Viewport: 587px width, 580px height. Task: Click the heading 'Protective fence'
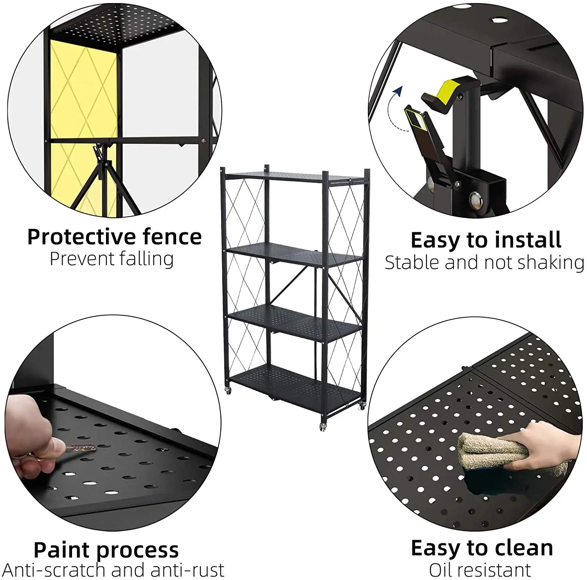point(114,237)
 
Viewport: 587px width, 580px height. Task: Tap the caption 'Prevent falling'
point(112,259)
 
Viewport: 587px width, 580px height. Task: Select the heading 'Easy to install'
point(486,240)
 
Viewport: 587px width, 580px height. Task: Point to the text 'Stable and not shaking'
point(484,262)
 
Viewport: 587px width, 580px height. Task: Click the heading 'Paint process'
point(106,550)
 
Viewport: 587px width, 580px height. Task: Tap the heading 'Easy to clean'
point(482,548)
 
